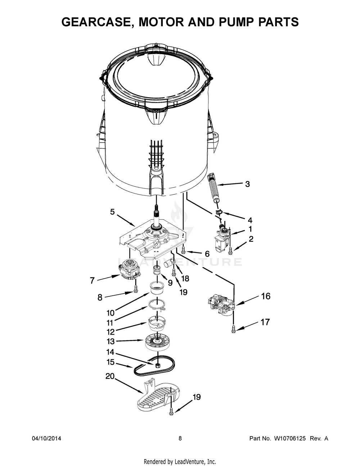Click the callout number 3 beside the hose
coord(247,184)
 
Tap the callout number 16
coord(265,296)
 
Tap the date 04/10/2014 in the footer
coord(46,439)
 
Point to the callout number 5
coord(112,212)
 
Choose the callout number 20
coord(110,376)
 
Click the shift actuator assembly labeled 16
coord(221,306)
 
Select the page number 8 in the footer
coord(180,439)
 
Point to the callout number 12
coord(111,332)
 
